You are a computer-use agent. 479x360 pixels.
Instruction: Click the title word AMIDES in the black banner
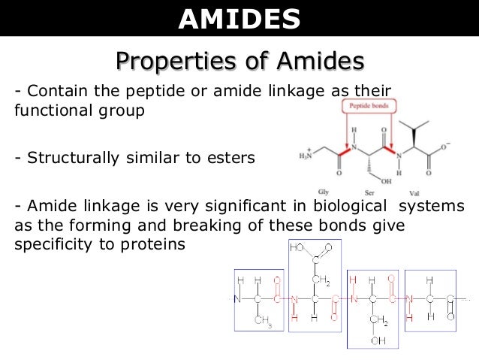click(239, 20)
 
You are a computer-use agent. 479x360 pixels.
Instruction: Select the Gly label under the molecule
click(323, 192)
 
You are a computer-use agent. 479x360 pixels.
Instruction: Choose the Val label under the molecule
click(413, 193)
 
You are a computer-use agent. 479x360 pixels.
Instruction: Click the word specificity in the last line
click(50, 244)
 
